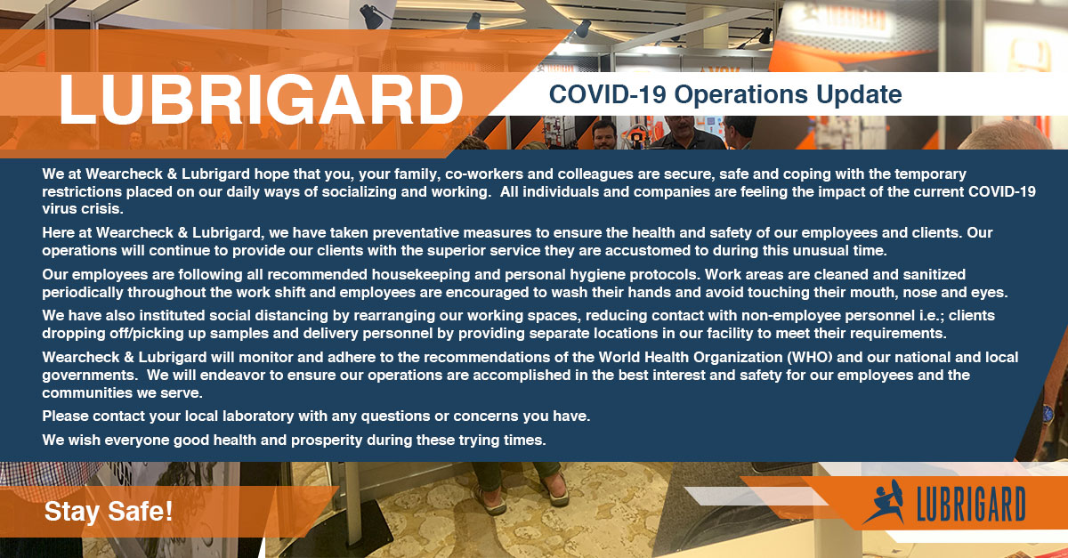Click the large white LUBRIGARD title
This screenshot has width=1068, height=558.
261,100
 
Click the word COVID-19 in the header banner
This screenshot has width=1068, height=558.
607,94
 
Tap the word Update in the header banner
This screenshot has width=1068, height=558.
859,94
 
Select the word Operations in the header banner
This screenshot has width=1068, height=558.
740,94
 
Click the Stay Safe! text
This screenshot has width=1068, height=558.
109,512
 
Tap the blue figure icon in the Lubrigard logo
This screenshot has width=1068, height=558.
885,502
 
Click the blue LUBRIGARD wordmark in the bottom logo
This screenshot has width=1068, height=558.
971,504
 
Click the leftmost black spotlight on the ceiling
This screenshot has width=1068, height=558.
371,17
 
